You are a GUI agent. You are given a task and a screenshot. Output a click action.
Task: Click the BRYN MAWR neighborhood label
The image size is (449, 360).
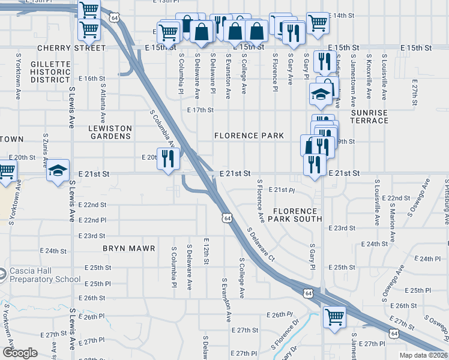pos(129,248)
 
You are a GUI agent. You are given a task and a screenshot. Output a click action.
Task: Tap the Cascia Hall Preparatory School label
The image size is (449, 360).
pos(44,275)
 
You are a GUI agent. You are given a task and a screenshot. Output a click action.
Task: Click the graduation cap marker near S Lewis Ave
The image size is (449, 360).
pos(58,171)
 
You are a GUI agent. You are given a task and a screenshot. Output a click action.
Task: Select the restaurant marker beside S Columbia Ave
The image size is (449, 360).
pos(167,158)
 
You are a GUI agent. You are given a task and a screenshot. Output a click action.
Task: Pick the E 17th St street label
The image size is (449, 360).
pos(200,110)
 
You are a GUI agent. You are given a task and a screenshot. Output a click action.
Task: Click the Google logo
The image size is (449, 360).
pos(20,353)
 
